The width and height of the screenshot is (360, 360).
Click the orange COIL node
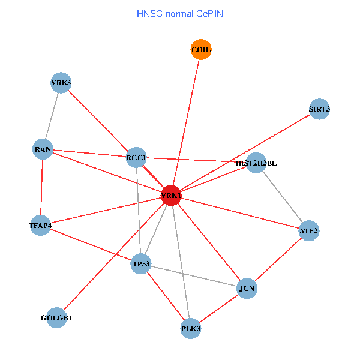[201, 50]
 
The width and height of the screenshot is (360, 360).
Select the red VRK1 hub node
[171, 196]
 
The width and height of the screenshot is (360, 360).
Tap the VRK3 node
[61, 83]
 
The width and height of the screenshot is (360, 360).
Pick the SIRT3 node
[319, 109]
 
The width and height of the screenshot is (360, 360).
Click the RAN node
[43, 149]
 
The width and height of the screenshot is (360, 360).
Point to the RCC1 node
[136, 158]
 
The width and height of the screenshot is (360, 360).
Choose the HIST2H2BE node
[256, 163]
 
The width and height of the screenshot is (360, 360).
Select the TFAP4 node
[40, 226]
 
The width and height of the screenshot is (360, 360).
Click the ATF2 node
[309, 230]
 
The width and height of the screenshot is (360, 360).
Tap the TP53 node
[142, 263]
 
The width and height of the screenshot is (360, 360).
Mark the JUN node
[247, 289]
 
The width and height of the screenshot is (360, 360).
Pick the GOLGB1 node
[56, 317]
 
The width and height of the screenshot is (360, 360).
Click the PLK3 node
[191, 328]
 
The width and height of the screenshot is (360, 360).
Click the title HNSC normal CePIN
[180, 13]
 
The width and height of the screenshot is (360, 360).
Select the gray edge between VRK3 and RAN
[52, 116]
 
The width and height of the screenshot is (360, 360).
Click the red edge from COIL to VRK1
[186, 123]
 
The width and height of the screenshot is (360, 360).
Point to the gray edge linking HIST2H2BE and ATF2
[283, 197]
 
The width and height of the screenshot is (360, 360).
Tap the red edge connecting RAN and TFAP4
[42, 187]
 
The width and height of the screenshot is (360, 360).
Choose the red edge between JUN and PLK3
[219, 308]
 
